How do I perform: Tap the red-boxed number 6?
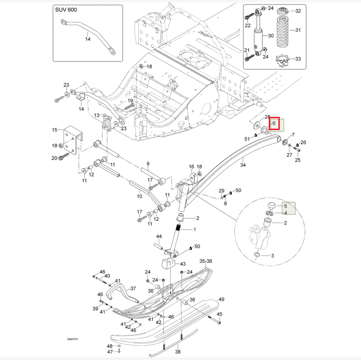[274, 123]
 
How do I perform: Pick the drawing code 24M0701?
[73, 339]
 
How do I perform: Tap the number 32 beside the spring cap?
[298, 10]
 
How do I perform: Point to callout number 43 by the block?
[183, 264]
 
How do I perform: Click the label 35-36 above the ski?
[206, 261]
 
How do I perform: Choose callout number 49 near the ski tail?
[221, 299]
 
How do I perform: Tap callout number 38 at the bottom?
[178, 352]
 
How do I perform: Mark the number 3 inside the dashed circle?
[272, 256]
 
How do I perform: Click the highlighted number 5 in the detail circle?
[285, 206]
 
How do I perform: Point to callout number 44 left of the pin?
[159, 236]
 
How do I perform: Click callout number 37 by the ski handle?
[133, 288]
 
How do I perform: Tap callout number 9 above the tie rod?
[148, 163]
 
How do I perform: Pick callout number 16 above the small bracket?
[192, 167]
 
